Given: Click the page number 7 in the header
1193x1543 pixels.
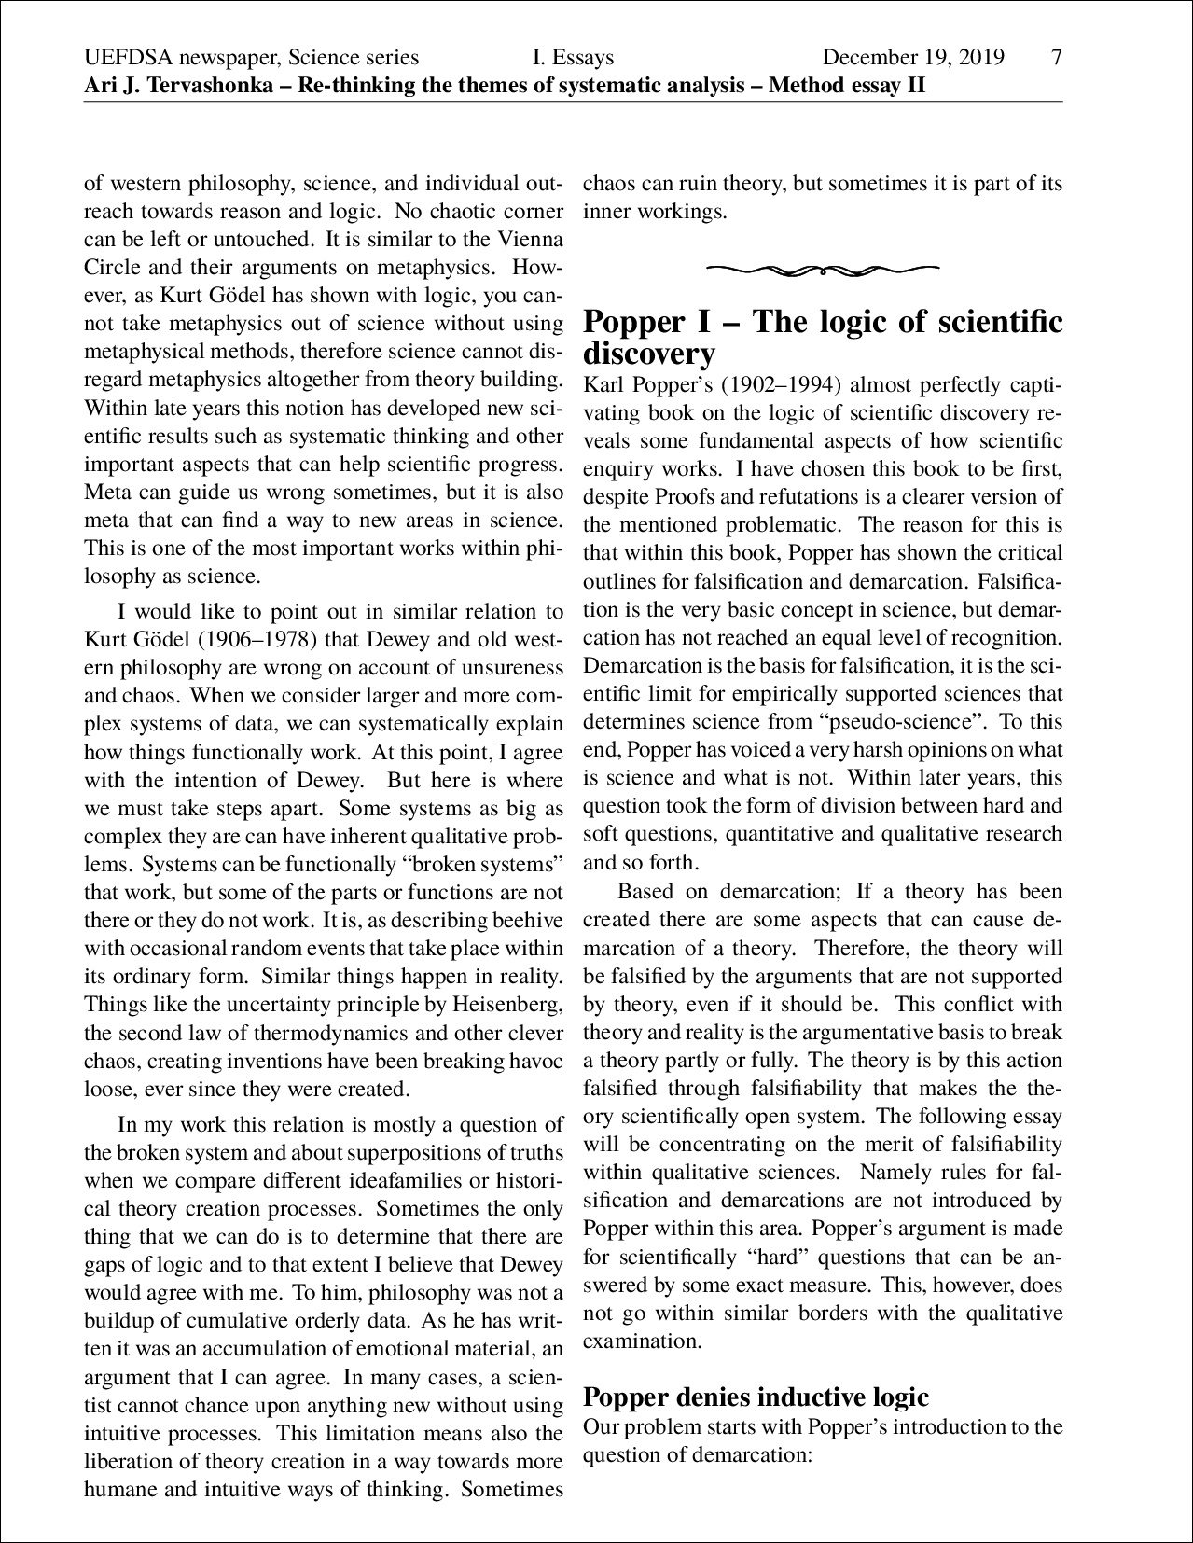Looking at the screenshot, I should [x=1056, y=58].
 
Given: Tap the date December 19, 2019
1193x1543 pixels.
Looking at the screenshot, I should [x=913, y=58].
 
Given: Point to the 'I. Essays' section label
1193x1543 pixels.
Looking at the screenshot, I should [x=573, y=58].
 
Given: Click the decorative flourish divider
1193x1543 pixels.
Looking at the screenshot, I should [x=822, y=271].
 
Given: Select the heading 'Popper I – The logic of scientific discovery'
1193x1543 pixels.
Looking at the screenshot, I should [x=822, y=337].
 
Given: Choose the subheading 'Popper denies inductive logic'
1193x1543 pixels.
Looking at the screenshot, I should [x=756, y=1397].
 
